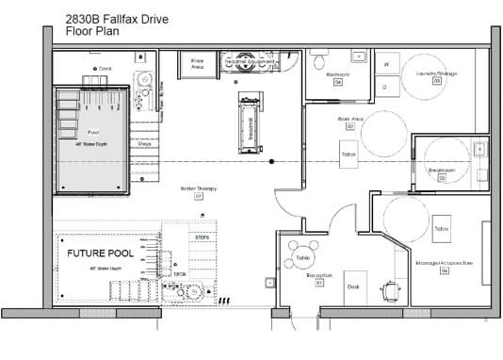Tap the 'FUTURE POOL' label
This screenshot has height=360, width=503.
(x=97, y=254)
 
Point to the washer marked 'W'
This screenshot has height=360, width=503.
(x=386, y=64)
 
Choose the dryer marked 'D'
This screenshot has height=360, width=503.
(x=386, y=87)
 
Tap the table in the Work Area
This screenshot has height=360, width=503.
(x=349, y=154)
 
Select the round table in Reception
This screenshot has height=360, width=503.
(x=302, y=258)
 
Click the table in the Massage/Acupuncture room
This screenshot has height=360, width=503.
(x=441, y=229)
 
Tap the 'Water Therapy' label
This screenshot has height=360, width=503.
(x=199, y=188)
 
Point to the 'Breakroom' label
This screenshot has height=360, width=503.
(x=442, y=171)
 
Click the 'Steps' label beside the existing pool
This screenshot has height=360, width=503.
(x=144, y=144)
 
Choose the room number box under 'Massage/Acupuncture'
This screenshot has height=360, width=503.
(x=444, y=270)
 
